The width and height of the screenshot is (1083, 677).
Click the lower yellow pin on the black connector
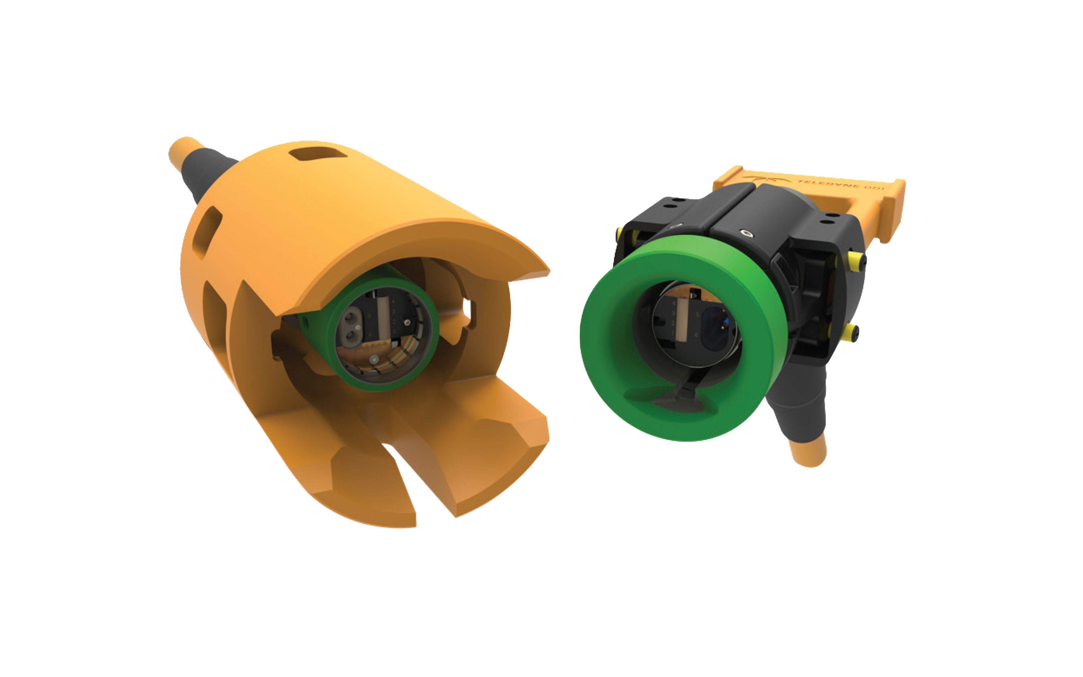coord(848,332)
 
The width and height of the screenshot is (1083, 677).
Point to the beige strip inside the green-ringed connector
coord(682,318)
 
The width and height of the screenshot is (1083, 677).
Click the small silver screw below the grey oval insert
coord(373,359)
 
